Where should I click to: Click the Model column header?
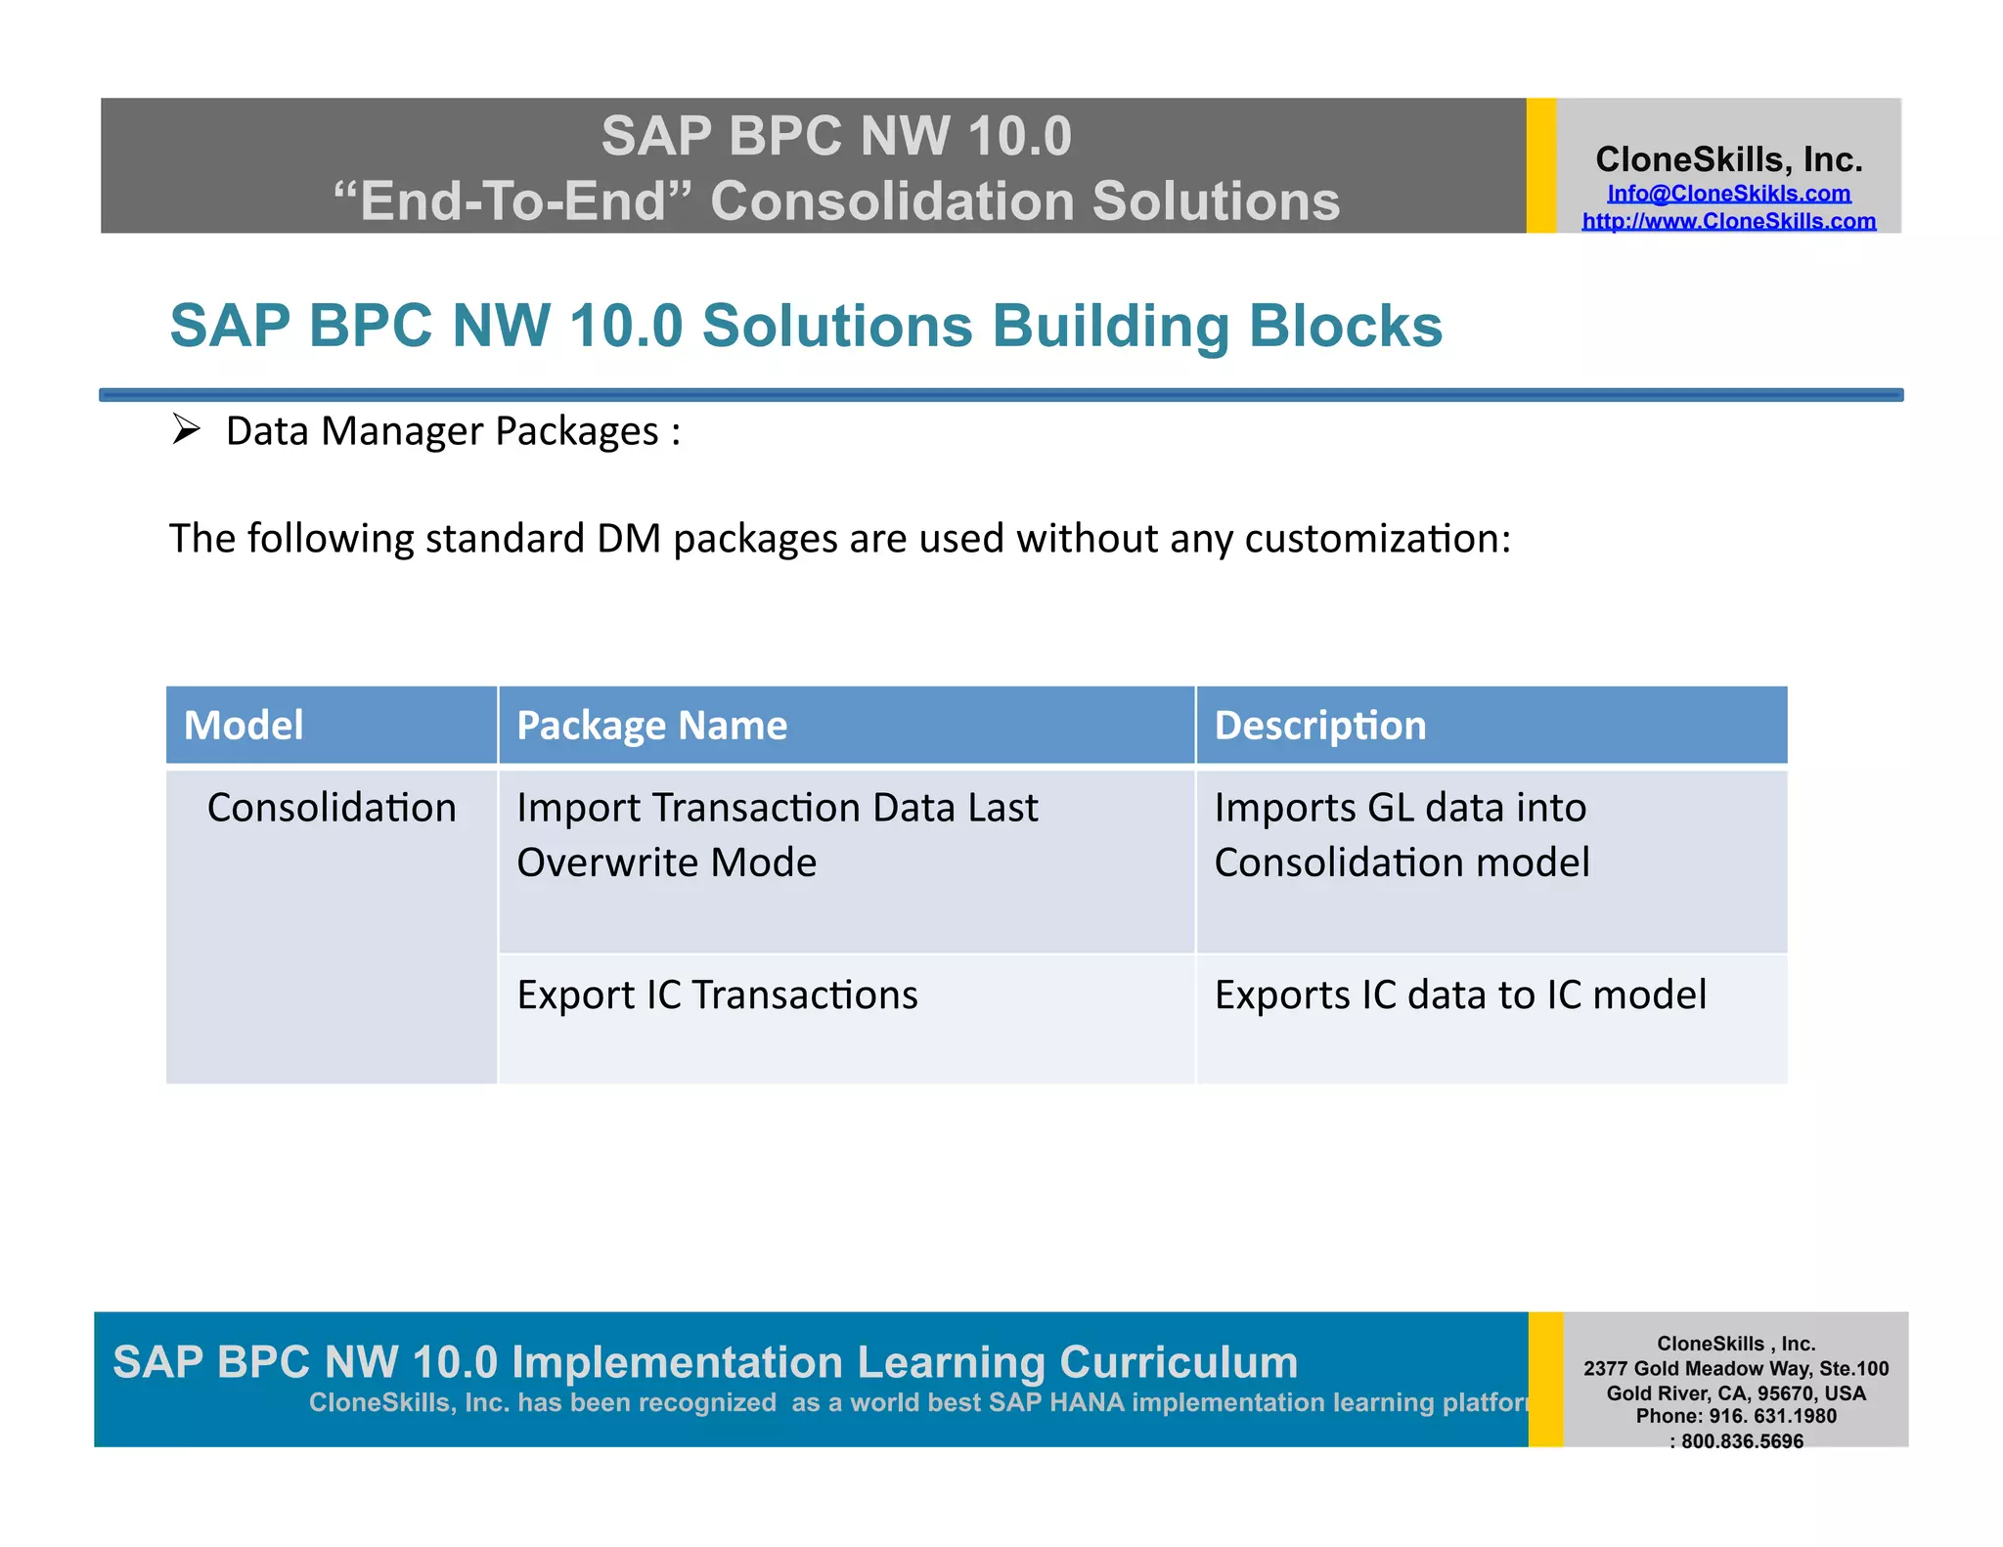tap(244, 726)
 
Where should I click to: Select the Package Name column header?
tap(651, 726)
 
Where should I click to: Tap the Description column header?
tap(1319, 726)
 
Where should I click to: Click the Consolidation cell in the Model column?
tap(332, 809)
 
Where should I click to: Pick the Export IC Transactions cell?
tap(717, 995)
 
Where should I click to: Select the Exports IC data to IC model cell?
tap(1460, 995)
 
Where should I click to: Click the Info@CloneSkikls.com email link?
tap(1728, 194)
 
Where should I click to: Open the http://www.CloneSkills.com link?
tap(1728, 221)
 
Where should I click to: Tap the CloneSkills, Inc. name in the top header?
tap(1728, 159)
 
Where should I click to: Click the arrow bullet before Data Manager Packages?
tap(186, 429)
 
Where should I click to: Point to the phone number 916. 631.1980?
tap(1771, 1416)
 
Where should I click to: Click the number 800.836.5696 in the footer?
tap(1742, 1441)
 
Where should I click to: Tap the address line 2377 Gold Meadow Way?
tap(1736, 1369)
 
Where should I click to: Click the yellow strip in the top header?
tap(1541, 165)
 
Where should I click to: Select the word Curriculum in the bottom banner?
tap(1179, 1362)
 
